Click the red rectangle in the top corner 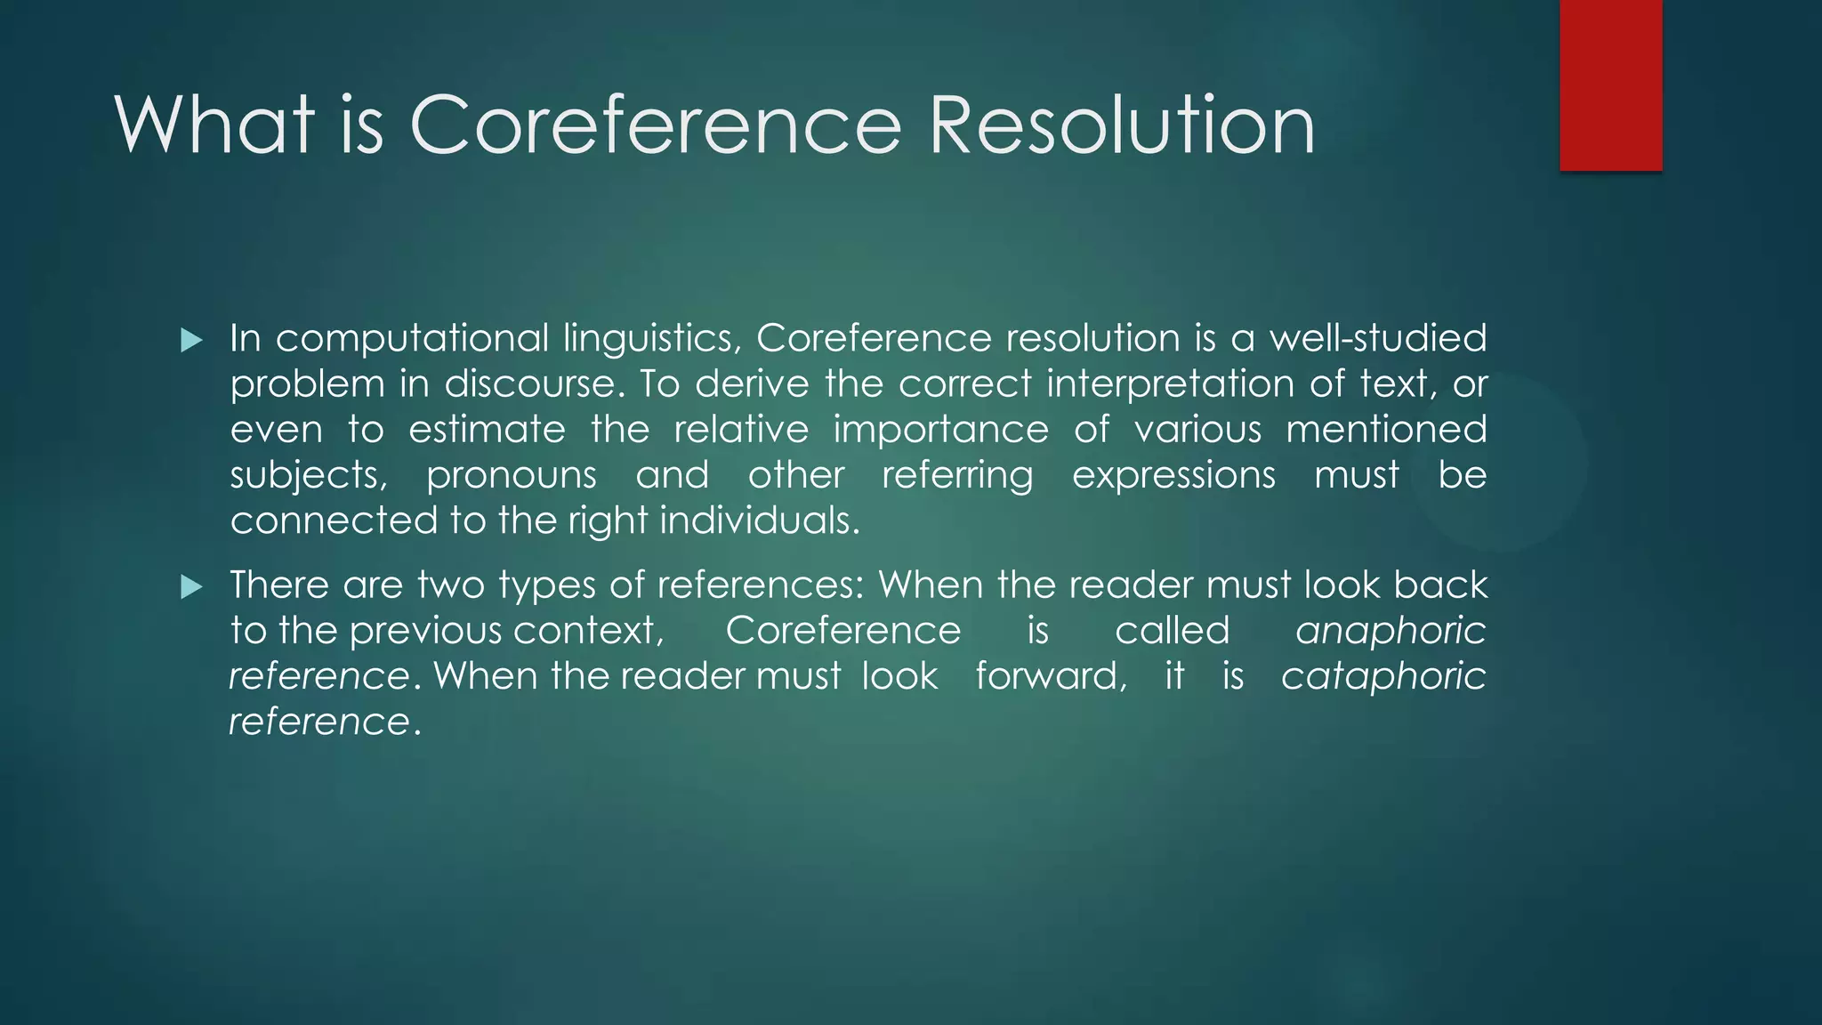(1610, 85)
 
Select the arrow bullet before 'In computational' (191, 340)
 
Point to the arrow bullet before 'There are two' (191, 586)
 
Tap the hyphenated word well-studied (1377, 338)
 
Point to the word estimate (487, 430)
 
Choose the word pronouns (512, 476)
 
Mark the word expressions (1173, 476)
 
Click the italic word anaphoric (1391, 632)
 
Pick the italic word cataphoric (1383, 677)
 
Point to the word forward (1051, 676)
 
